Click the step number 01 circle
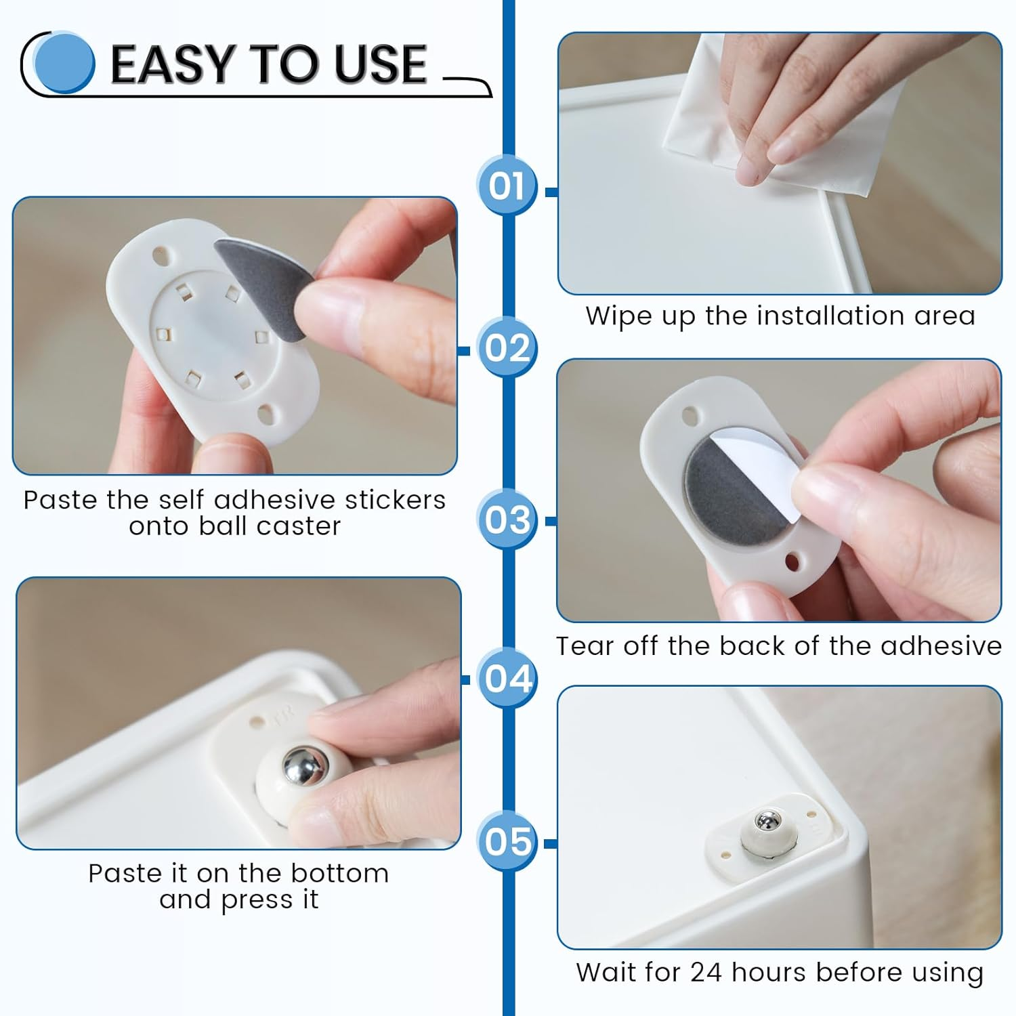pos(507,186)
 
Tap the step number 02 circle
pos(507,348)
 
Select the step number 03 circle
pos(507,520)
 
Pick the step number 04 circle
pos(507,678)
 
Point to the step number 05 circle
pos(507,841)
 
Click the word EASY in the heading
pos(173,64)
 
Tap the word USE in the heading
pos(380,64)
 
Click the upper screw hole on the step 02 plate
pos(161,257)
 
